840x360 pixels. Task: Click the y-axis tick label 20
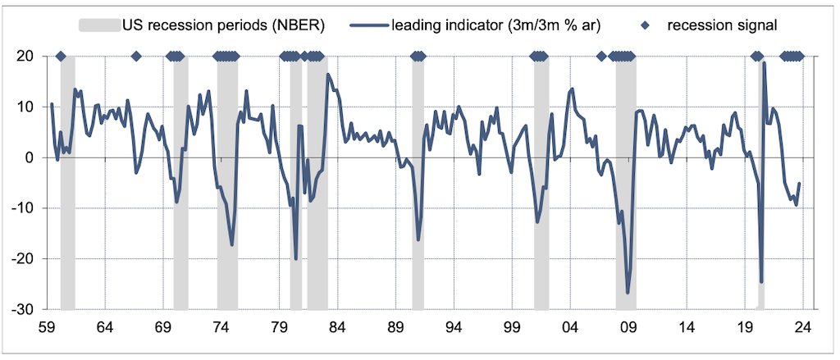[x=24, y=57]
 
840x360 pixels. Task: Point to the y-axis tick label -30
[x=21, y=309]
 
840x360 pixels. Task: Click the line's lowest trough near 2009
[x=628, y=293]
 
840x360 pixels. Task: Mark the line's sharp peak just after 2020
[x=764, y=62]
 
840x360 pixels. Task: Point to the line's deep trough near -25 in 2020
[x=761, y=282]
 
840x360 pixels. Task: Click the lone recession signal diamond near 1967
[x=136, y=57]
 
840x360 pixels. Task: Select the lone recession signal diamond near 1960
[x=61, y=57]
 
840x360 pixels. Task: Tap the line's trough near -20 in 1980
[x=296, y=259]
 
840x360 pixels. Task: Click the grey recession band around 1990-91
[x=418, y=180]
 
